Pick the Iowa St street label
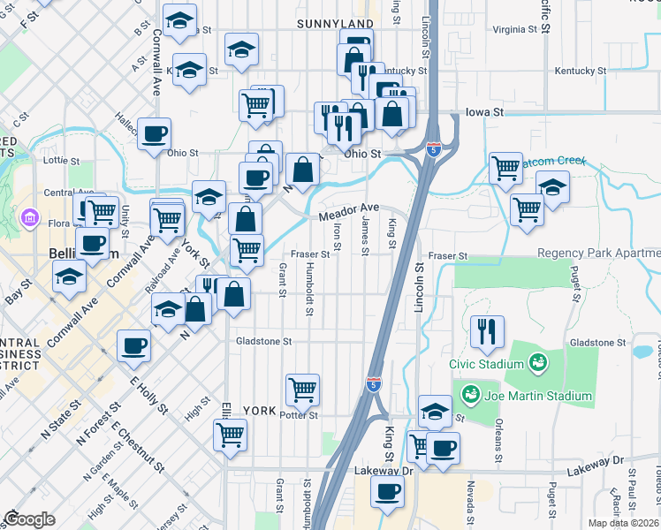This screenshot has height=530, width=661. coord(484,113)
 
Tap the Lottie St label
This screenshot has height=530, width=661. coord(61,162)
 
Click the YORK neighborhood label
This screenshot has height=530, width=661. coord(260,411)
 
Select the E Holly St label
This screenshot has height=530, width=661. coord(148,394)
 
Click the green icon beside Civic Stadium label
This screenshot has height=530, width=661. coord(536,363)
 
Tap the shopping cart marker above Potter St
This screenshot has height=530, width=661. coord(302,388)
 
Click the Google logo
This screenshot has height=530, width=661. coord(29,520)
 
